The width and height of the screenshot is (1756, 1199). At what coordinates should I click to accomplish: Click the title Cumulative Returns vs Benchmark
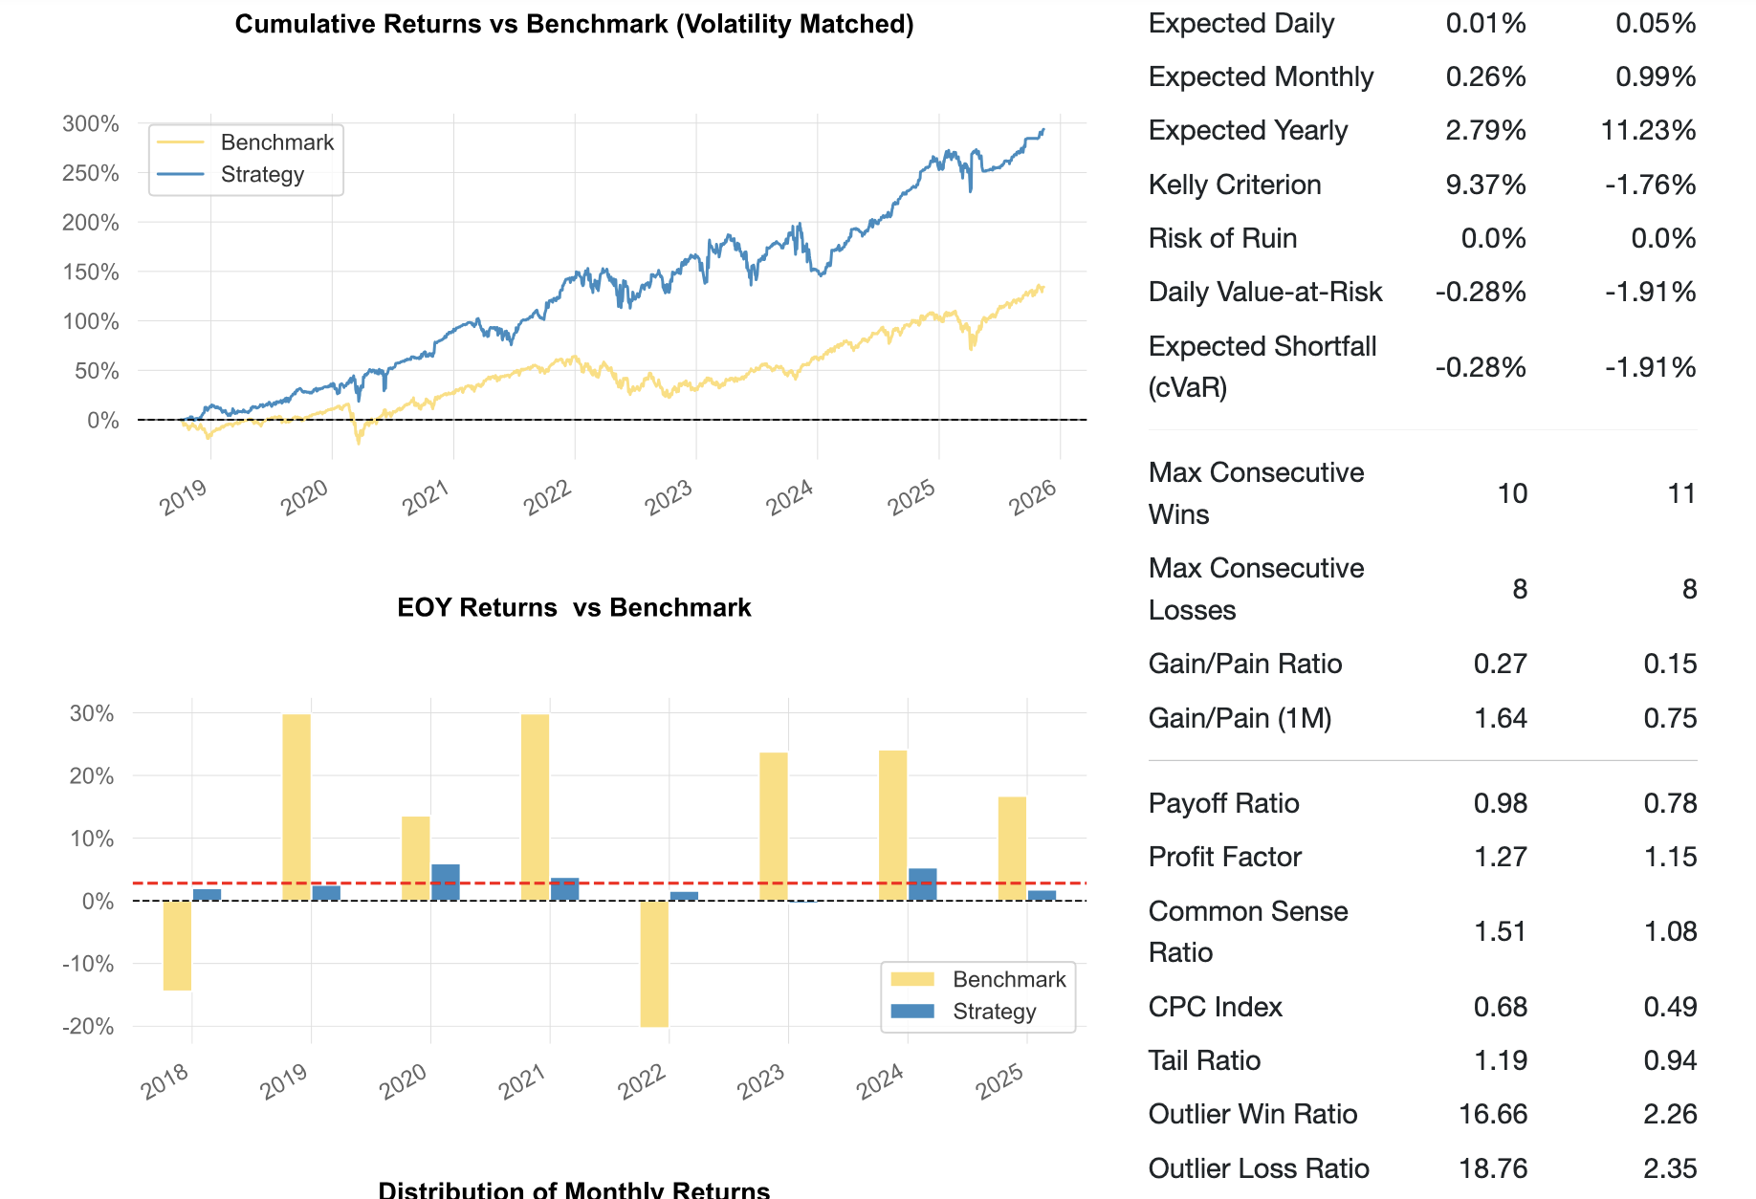(574, 24)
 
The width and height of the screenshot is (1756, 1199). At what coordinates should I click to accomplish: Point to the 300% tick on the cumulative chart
(91, 123)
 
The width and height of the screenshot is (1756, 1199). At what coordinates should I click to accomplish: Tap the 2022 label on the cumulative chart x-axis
(547, 497)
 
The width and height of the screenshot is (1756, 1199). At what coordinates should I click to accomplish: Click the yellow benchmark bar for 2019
(296, 807)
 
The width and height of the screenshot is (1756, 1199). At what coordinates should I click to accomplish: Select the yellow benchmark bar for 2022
(654, 963)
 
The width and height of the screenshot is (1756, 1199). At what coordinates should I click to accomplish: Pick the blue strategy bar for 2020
(446, 882)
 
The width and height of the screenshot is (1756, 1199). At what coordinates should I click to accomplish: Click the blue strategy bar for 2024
(922, 883)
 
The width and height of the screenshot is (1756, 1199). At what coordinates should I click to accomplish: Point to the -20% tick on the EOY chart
(88, 1027)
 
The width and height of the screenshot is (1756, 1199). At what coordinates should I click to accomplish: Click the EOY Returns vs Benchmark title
(574, 608)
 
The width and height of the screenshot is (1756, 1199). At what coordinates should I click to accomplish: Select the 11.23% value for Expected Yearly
(1648, 130)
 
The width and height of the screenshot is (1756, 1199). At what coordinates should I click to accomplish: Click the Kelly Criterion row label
(1235, 185)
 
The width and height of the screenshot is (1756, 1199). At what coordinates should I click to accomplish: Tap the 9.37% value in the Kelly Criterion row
(1485, 185)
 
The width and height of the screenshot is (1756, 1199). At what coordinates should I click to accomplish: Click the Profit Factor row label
(1224, 857)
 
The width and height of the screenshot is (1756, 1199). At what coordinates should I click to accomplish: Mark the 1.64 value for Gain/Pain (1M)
(1500, 718)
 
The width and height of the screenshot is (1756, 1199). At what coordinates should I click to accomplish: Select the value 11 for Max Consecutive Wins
(1680, 493)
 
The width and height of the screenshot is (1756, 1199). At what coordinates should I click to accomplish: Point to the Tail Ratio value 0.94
(1670, 1060)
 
